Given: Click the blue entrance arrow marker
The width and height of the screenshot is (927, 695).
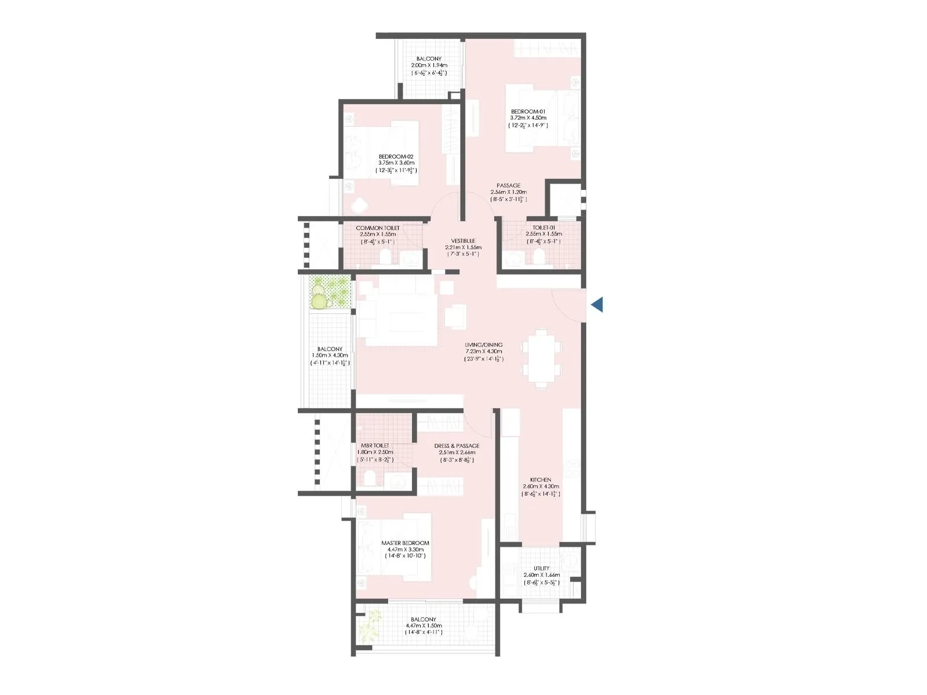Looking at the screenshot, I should (x=597, y=304).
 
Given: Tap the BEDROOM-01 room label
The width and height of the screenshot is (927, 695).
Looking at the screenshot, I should (x=528, y=112).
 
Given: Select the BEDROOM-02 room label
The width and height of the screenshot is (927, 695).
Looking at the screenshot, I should (x=396, y=156).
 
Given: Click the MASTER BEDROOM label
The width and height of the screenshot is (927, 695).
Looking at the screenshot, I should (x=405, y=543).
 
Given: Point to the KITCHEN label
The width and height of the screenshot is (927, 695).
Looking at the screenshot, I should (x=541, y=480).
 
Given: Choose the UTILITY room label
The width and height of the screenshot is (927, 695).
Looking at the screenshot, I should (x=542, y=568).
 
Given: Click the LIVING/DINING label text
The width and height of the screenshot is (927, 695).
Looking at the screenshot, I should (x=484, y=345).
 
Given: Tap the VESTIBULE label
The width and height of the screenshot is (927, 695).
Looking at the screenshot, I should (x=463, y=241).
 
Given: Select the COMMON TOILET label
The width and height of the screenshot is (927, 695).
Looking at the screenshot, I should (x=378, y=228).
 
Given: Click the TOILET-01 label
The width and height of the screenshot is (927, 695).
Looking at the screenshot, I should (x=543, y=228).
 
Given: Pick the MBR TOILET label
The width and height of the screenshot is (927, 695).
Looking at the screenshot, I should (x=375, y=445).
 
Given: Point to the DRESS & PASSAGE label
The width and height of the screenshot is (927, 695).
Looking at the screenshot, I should (x=457, y=446).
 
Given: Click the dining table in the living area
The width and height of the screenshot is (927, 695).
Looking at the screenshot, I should (x=541, y=359).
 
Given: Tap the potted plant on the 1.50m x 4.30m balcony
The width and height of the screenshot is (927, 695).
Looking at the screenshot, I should (x=320, y=300).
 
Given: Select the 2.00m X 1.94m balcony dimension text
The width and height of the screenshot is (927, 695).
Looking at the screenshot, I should (x=429, y=65).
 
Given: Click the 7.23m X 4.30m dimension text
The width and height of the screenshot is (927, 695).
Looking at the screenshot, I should (x=484, y=352).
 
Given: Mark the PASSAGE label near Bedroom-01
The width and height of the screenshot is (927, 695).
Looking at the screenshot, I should (x=508, y=185).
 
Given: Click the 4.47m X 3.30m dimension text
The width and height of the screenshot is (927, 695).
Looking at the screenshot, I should (x=405, y=550).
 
